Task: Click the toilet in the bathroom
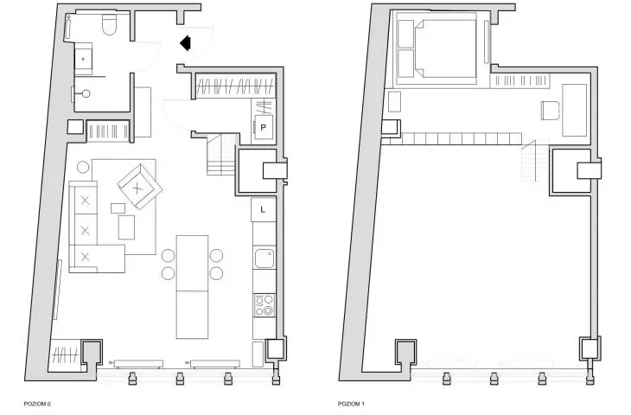point(110,25)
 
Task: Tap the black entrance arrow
point(185,43)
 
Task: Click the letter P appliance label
point(263,128)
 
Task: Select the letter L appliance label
point(263,209)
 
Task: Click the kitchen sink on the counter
point(265,258)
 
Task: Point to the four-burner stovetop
point(265,305)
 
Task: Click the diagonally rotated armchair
point(140,187)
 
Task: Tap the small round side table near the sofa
point(83,167)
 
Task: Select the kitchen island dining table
point(193,286)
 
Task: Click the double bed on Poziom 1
point(437,48)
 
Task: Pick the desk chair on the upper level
point(550,111)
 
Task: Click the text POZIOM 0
point(37,404)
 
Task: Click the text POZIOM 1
point(351,404)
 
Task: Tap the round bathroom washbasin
point(86,94)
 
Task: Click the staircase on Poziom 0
point(220,155)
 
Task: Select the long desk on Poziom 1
point(574,110)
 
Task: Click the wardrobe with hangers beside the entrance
point(235,86)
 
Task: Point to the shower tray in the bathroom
point(83,59)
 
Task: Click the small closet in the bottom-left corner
point(66,356)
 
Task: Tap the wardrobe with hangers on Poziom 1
point(520,80)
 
